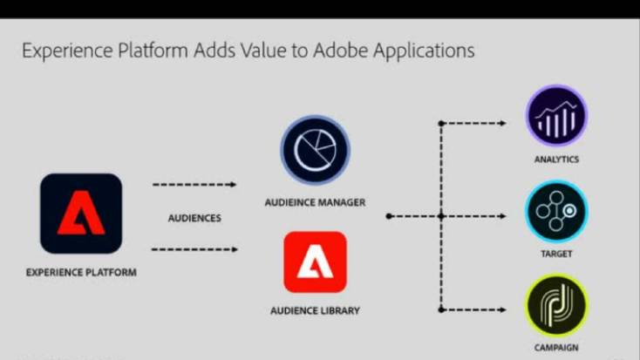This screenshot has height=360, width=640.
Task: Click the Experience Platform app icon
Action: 81,213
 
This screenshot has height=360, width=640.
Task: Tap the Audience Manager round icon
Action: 315,150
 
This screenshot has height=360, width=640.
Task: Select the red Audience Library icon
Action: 315,262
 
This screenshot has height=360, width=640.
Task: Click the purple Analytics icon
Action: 556,116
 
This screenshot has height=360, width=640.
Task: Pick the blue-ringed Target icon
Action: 556,212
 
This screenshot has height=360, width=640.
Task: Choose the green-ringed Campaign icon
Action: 556,305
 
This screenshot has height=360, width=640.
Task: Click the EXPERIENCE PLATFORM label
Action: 81,272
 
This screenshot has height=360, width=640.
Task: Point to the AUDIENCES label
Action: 194,218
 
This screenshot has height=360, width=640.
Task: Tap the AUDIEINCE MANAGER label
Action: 315,202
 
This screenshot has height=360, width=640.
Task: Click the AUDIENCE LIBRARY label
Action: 315,310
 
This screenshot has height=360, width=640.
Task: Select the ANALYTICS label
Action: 557,160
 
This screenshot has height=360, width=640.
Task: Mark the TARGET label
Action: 557,254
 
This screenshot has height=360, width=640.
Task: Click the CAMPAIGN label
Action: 557,348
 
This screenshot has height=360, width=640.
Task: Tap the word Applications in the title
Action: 424,51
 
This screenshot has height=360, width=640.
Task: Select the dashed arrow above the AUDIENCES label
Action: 194,185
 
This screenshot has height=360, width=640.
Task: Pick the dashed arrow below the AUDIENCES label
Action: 194,249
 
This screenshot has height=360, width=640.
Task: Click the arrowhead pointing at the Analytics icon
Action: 502,123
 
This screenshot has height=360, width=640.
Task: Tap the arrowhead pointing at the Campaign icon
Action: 502,309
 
